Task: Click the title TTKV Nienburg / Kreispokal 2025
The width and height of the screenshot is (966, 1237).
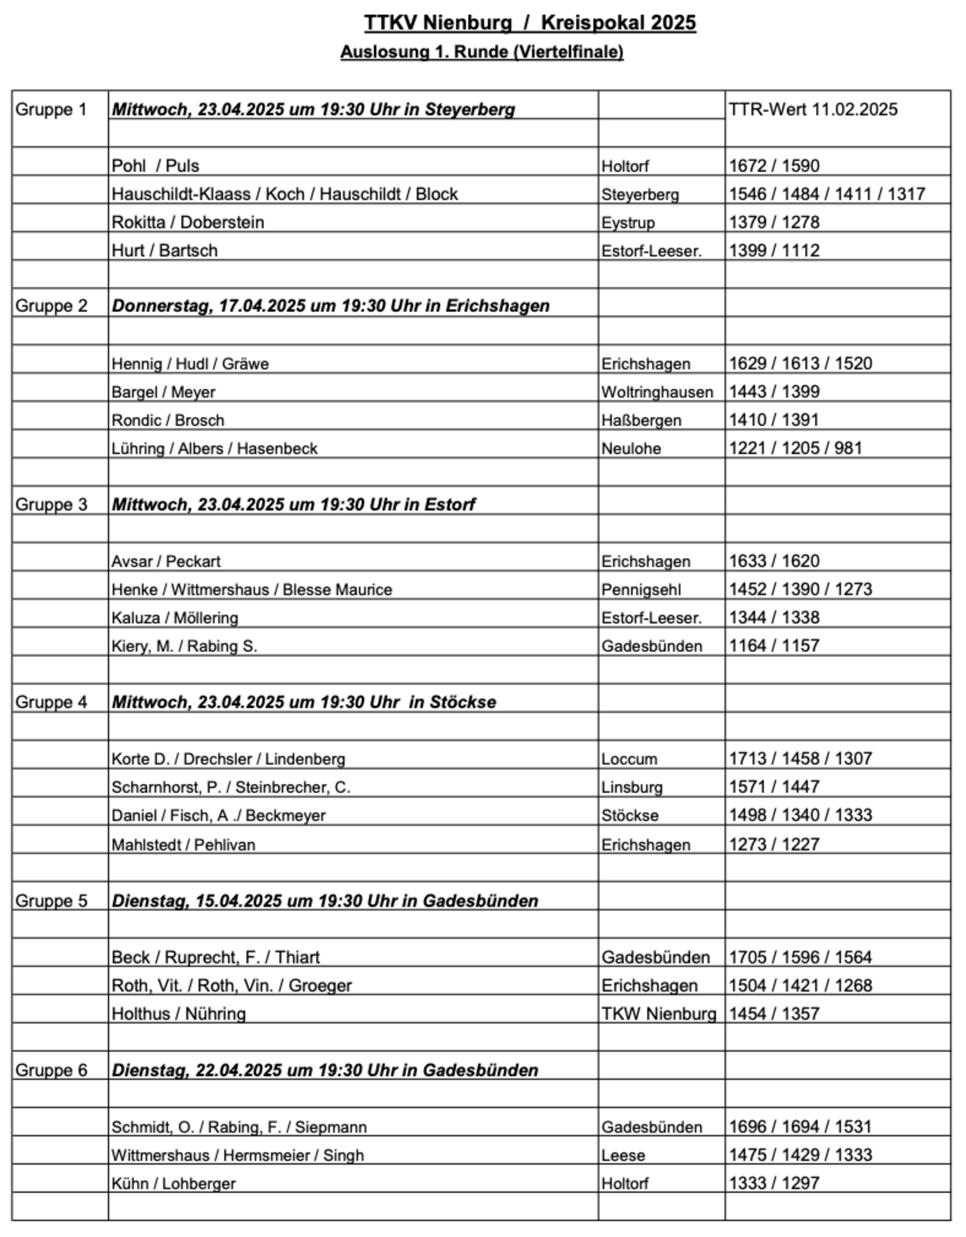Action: (x=529, y=23)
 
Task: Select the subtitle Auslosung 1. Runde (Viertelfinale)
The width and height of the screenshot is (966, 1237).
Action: (x=481, y=53)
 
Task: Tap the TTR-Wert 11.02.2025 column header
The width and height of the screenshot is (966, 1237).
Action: (x=813, y=110)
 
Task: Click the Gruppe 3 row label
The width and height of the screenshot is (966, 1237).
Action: (x=51, y=504)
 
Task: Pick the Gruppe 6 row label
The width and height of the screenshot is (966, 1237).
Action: (x=51, y=1070)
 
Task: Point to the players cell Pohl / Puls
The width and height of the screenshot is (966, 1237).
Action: (x=155, y=166)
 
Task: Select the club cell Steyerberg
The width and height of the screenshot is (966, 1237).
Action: (x=640, y=195)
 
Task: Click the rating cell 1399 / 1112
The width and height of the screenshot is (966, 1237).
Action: (x=774, y=251)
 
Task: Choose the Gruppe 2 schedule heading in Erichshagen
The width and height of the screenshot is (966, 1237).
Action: (x=331, y=306)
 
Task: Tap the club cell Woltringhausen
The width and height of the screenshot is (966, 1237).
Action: (x=657, y=393)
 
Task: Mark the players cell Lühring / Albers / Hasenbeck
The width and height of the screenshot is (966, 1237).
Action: (x=214, y=449)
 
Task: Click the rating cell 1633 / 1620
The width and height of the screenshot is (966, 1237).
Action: (x=774, y=561)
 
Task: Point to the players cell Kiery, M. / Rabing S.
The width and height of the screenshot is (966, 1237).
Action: (x=184, y=646)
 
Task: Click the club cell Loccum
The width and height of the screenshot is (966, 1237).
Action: (x=629, y=759)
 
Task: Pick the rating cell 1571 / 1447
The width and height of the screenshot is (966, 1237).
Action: (x=774, y=787)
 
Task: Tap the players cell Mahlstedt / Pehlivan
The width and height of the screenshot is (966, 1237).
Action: (x=183, y=845)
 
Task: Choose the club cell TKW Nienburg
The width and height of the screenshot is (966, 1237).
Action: (x=658, y=1013)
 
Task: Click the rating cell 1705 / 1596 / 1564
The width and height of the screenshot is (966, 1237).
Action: (x=800, y=958)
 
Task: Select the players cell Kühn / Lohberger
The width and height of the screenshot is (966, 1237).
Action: (x=174, y=1183)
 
